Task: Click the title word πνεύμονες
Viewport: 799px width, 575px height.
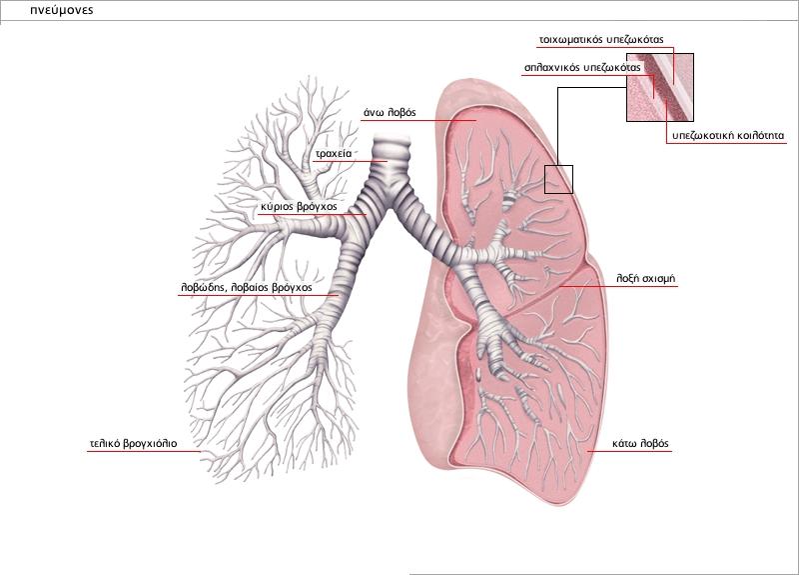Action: coord(62,10)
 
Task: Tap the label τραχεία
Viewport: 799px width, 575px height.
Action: coord(334,153)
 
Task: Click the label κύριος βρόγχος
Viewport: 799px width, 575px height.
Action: coord(299,207)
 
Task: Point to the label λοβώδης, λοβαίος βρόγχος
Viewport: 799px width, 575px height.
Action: coord(246,287)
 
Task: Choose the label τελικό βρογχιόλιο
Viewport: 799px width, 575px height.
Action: coord(133,443)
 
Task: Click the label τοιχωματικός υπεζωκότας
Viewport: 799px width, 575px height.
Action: coord(601,39)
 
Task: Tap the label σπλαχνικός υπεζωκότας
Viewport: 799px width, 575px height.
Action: coord(582,67)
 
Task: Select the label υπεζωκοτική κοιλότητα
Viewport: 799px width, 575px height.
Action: coord(728,136)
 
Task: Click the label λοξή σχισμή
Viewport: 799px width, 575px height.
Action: coord(645,279)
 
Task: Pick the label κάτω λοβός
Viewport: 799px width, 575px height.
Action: coord(640,443)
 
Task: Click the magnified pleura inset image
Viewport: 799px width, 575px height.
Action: coord(660,87)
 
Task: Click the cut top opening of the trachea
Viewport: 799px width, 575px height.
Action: coord(392,140)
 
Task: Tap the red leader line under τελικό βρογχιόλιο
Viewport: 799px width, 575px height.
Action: coord(144,452)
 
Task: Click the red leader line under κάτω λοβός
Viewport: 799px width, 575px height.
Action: coord(629,452)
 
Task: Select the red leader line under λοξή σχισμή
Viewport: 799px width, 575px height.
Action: coord(618,287)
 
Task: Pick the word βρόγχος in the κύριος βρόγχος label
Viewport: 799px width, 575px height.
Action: coord(318,207)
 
